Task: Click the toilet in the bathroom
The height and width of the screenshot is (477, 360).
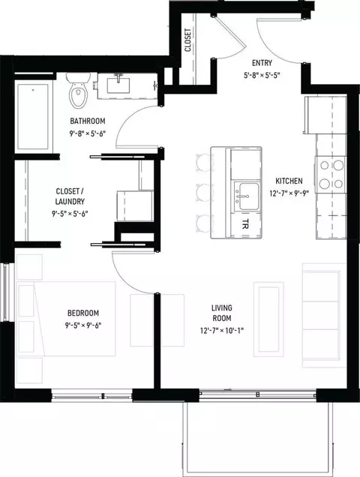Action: tap(79, 90)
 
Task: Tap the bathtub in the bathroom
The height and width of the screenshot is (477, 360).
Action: tap(33, 116)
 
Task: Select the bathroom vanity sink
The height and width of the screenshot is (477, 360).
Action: tap(118, 85)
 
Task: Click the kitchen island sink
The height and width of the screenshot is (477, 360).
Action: tap(247, 196)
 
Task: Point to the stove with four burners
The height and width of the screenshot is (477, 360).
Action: tap(331, 175)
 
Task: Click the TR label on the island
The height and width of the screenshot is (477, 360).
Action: tap(245, 224)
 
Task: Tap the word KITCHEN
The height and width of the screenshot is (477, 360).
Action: tap(289, 181)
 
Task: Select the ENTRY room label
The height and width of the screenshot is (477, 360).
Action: tap(262, 63)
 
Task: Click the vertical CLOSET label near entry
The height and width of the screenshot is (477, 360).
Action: tap(187, 40)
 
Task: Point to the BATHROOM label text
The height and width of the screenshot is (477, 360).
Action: tap(88, 121)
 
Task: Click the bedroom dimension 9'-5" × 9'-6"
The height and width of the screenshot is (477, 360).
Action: tap(83, 325)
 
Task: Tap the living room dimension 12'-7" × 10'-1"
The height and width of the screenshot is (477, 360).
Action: tap(222, 330)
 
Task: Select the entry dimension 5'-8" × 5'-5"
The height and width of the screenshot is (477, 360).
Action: tap(262, 76)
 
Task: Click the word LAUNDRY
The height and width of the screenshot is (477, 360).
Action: tap(70, 202)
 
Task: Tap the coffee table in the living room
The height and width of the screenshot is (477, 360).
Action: tap(268, 319)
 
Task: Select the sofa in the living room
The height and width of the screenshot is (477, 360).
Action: tap(324, 315)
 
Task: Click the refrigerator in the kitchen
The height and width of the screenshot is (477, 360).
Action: tap(325, 115)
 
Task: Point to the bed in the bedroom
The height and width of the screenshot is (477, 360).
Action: tap(66, 319)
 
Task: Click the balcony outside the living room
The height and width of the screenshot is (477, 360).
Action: tap(258, 438)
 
